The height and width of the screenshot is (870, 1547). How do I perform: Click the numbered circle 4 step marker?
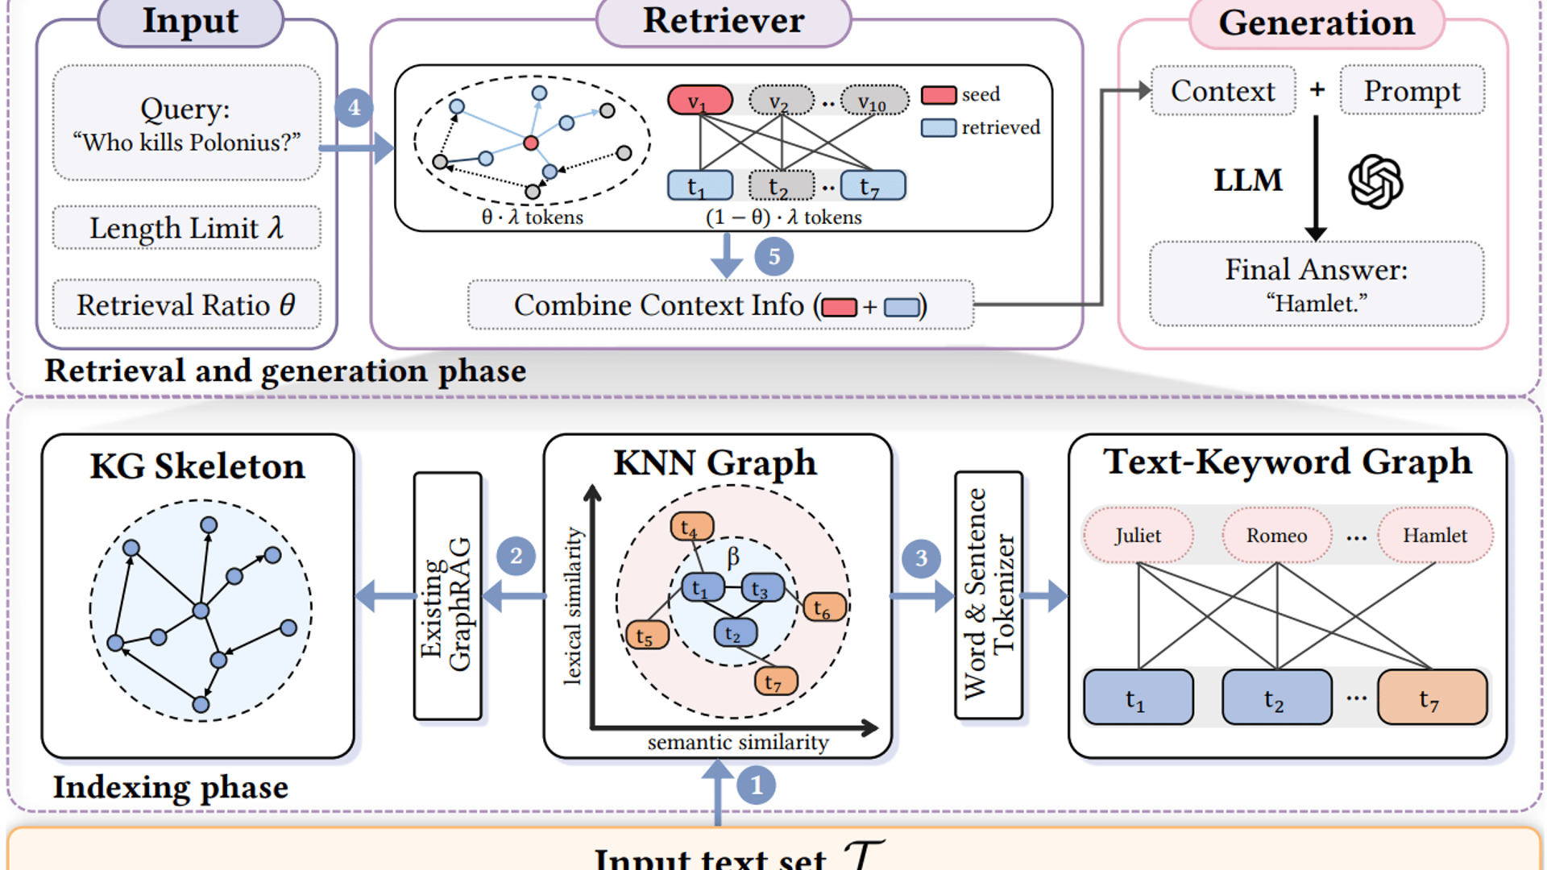[x=354, y=107]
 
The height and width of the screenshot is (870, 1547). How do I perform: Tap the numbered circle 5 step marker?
[x=773, y=257]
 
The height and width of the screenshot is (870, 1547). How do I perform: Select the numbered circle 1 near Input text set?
[x=756, y=785]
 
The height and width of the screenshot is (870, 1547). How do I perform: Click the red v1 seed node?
[x=699, y=101]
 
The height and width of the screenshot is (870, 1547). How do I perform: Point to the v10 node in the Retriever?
[x=873, y=101]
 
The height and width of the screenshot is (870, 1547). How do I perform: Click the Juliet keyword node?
[x=1138, y=535]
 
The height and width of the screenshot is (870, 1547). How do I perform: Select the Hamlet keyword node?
[x=1434, y=535]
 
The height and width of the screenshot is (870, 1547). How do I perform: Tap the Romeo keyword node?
[x=1276, y=535]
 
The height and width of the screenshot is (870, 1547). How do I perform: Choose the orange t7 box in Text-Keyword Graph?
[x=1432, y=698]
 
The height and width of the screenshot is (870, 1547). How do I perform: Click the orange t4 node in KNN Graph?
[x=691, y=527]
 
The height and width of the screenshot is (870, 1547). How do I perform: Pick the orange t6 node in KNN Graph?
[x=824, y=607]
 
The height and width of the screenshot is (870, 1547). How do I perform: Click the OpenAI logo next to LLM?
[x=1375, y=181]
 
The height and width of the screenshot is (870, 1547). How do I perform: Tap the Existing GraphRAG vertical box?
[x=447, y=596]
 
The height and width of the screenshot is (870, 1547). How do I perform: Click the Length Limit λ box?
[x=186, y=228]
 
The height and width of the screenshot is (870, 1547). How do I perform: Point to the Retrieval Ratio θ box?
[x=186, y=304]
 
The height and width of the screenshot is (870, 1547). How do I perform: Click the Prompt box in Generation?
[x=1412, y=90]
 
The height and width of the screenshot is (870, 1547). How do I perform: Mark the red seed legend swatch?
[x=938, y=95]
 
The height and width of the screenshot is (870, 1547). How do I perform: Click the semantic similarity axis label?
[x=737, y=742]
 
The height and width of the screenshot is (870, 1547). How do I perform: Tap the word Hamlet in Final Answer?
[x=1316, y=304]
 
